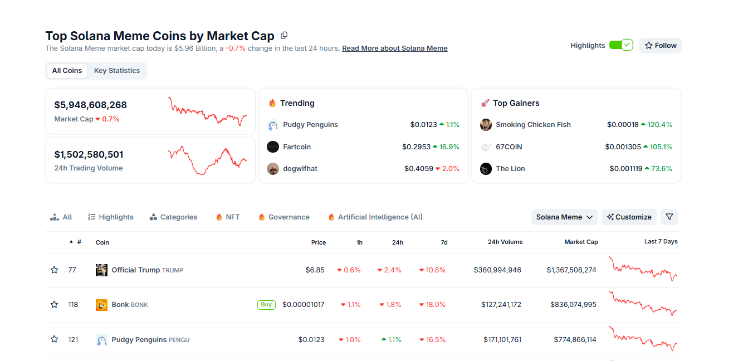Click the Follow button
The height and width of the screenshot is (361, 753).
click(661, 46)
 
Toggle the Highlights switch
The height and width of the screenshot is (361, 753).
click(621, 45)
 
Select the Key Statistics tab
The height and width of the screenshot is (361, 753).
click(117, 71)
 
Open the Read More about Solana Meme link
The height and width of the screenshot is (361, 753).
click(395, 48)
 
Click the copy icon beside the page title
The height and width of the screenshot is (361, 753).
click(284, 36)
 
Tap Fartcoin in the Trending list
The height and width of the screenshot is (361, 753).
click(297, 147)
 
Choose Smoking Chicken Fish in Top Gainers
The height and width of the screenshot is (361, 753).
click(533, 125)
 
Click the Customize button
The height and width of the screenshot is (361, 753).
click(629, 217)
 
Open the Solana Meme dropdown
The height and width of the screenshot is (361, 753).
click(564, 217)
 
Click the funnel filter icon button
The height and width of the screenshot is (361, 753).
click(669, 217)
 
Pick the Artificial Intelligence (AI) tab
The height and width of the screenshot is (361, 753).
click(380, 217)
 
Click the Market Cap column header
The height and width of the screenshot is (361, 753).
click(581, 242)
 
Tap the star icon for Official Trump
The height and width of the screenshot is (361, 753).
click(54, 270)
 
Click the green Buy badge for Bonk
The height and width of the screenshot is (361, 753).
click(266, 305)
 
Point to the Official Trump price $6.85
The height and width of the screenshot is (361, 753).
click(315, 270)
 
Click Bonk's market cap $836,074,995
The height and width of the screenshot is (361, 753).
click(573, 305)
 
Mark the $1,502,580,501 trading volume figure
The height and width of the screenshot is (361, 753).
click(89, 154)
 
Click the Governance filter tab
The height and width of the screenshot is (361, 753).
click(289, 217)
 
